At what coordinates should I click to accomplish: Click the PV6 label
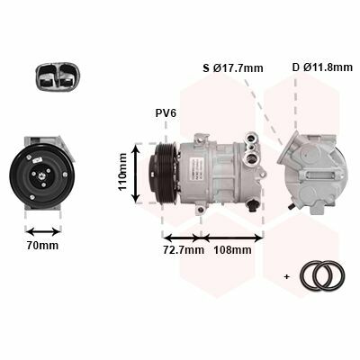[166, 113]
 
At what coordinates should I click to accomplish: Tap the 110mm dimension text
[122, 172]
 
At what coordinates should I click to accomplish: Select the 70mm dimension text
[42, 246]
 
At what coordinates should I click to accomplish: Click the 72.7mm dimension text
[184, 249]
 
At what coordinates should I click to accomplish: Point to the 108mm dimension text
[232, 249]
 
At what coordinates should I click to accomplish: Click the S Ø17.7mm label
[233, 68]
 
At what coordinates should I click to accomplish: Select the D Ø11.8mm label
[322, 67]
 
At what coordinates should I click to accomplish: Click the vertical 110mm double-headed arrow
[136, 173]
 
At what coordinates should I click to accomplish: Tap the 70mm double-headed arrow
[43, 231]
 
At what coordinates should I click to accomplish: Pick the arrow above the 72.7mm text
[182, 238]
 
